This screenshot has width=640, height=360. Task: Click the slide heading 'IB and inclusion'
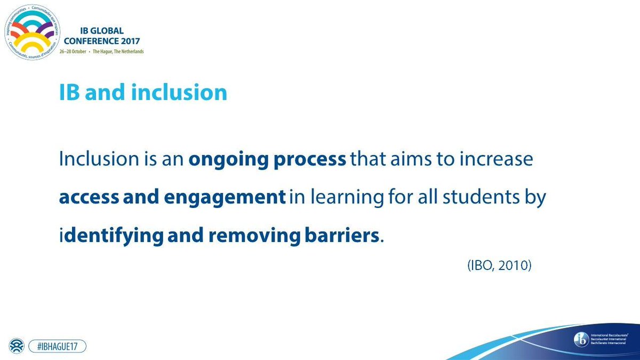pyautogui.click(x=143, y=93)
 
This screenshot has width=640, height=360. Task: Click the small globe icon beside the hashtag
pyautogui.click(x=16, y=346)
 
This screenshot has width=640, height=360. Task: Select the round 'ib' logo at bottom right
pyautogui.click(x=580, y=339)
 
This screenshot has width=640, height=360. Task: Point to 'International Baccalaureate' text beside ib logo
pyautogui.click(x=611, y=335)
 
